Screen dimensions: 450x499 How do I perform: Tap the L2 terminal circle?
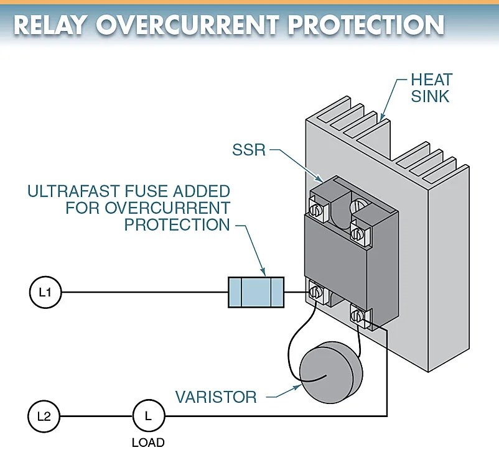point(44,416)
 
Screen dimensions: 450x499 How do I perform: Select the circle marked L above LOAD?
point(148,416)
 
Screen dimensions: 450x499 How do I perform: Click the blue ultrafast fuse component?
point(256,292)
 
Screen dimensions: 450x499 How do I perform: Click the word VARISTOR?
point(216,397)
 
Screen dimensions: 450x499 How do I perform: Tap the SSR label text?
point(248,150)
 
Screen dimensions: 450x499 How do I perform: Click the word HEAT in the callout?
point(431,80)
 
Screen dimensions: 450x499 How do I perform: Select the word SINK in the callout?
point(430,97)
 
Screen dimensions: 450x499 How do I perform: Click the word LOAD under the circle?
point(148,443)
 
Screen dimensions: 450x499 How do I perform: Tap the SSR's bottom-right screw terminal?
point(358,316)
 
